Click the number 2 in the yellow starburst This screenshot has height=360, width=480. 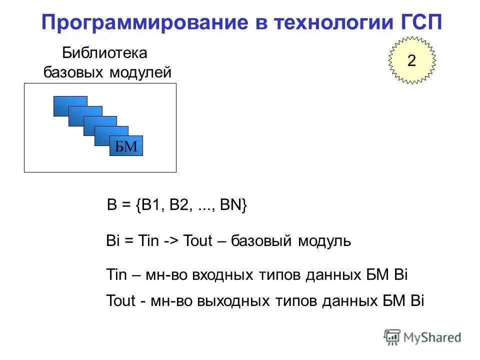click(x=411, y=61)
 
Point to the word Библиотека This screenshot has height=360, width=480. click(x=105, y=52)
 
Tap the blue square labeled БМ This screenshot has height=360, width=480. click(x=126, y=145)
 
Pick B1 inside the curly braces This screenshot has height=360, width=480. click(x=148, y=205)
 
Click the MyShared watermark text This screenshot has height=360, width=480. click(x=432, y=337)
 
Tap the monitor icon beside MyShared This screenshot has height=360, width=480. click(x=392, y=336)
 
